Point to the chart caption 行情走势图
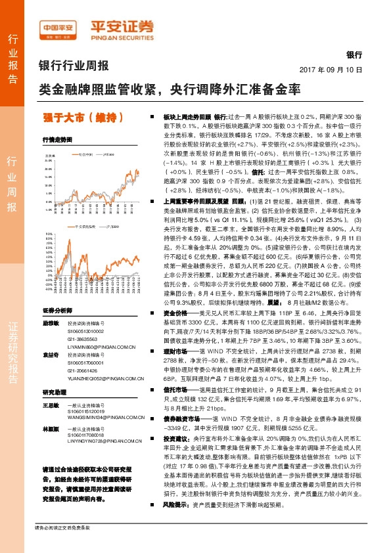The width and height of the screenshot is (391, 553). pyautogui.click(x=57, y=139)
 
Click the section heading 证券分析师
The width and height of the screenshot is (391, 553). pyautogui.click(x=58, y=309)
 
